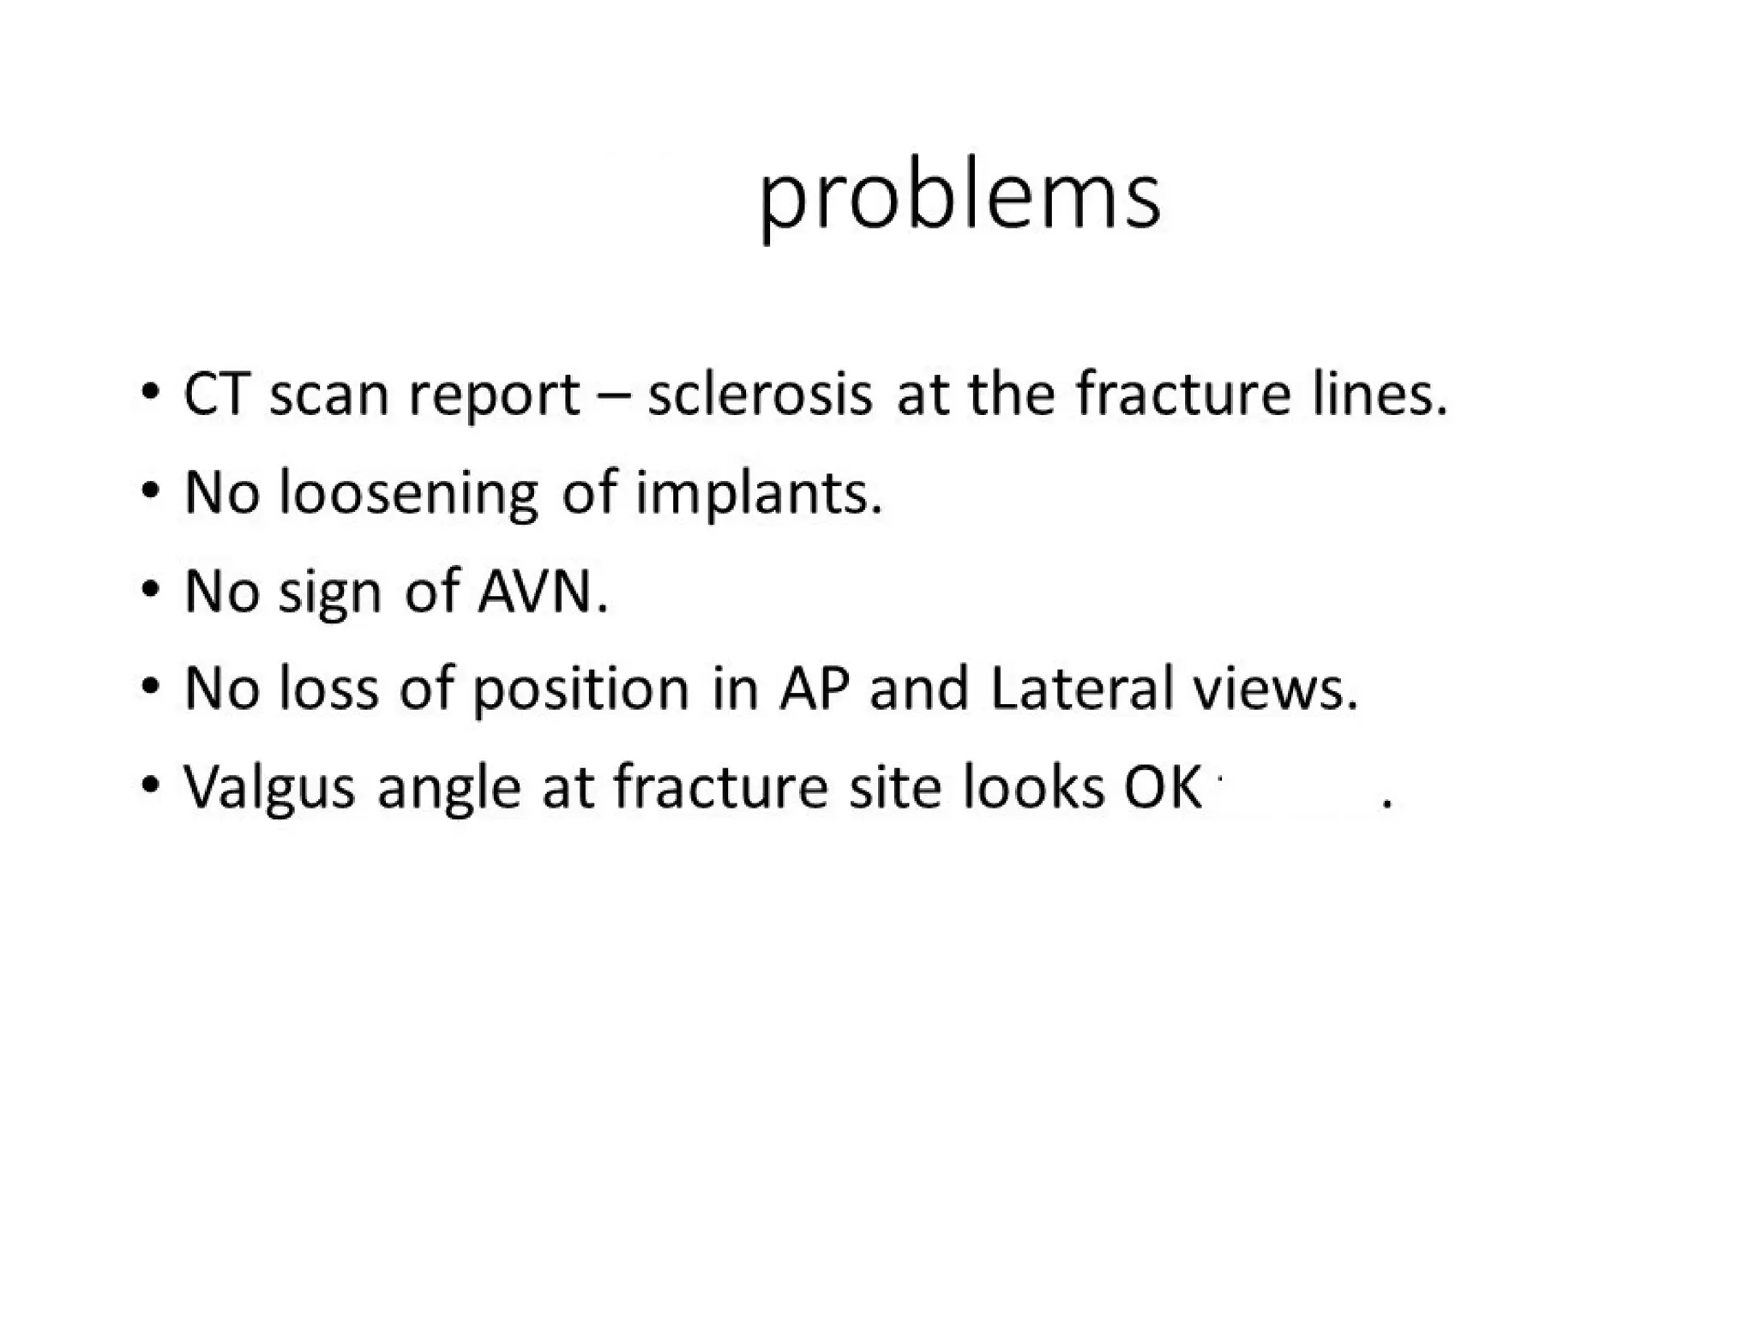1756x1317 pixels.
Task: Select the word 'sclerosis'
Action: point(760,395)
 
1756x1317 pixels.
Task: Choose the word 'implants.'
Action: point(758,496)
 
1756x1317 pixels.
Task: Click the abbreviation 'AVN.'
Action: point(543,592)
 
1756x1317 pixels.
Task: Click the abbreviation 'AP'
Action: point(814,689)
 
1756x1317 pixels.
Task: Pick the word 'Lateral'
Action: point(1082,689)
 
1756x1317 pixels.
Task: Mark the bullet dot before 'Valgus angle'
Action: point(151,785)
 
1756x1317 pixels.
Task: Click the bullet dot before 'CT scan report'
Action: point(151,394)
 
